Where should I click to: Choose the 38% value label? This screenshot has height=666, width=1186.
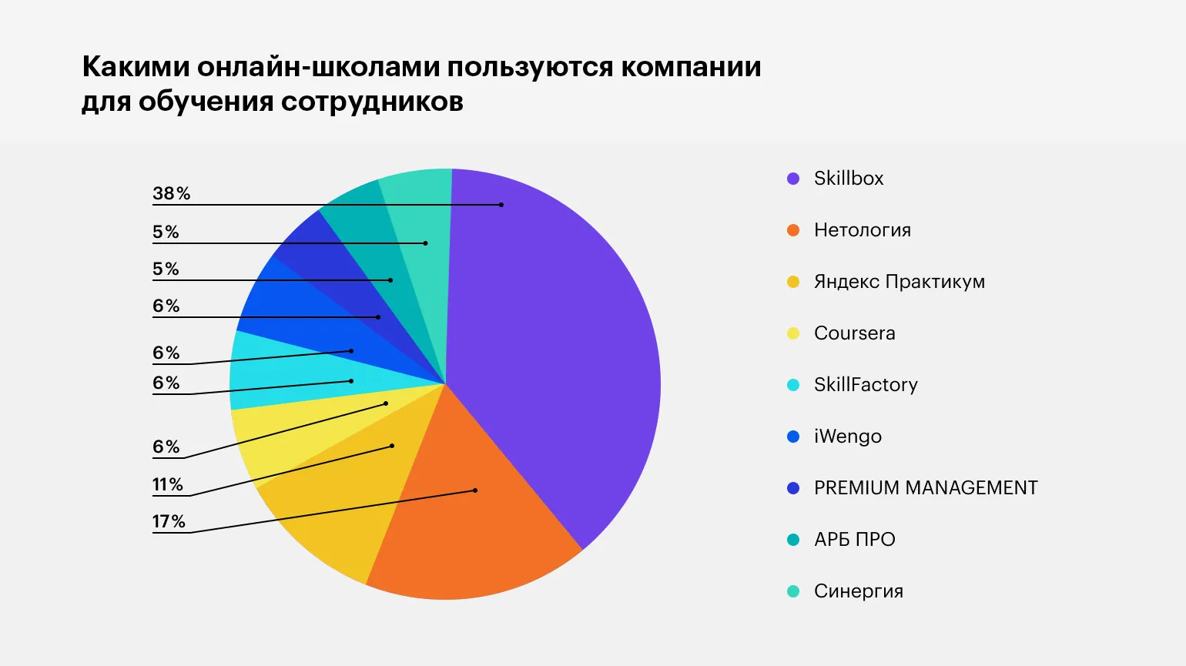click(171, 193)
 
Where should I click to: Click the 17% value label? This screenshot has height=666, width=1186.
click(169, 521)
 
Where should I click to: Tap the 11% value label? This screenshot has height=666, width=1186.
click(167, 484)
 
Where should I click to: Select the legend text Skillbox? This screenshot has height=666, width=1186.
click(849, 179)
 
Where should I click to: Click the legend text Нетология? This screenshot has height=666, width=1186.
click(862, 230)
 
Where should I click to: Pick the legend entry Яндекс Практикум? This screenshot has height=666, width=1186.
click(899, 282)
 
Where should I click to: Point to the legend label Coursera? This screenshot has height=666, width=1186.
click(854, 333)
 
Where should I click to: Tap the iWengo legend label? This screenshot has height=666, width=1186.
click(847, 437)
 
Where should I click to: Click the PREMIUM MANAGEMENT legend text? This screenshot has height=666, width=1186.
click(926, 488)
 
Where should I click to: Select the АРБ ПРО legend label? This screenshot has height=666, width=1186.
click(854, 540)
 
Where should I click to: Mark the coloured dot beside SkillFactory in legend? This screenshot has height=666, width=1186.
click(793, 385)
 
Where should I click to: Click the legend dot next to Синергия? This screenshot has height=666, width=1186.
click(793, 591)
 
